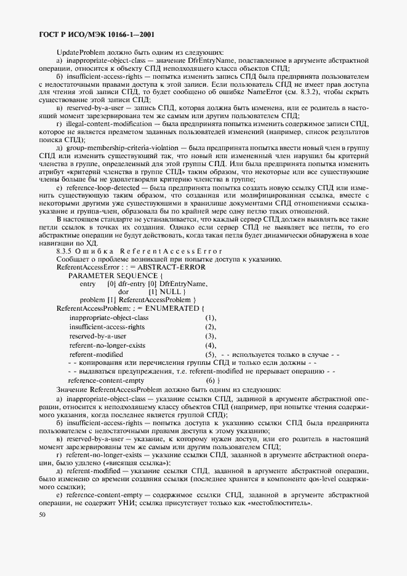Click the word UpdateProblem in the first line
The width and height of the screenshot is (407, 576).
78,52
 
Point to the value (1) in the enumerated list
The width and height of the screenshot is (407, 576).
211,318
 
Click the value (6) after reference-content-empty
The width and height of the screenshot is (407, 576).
213,382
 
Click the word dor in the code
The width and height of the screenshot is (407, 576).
123,291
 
